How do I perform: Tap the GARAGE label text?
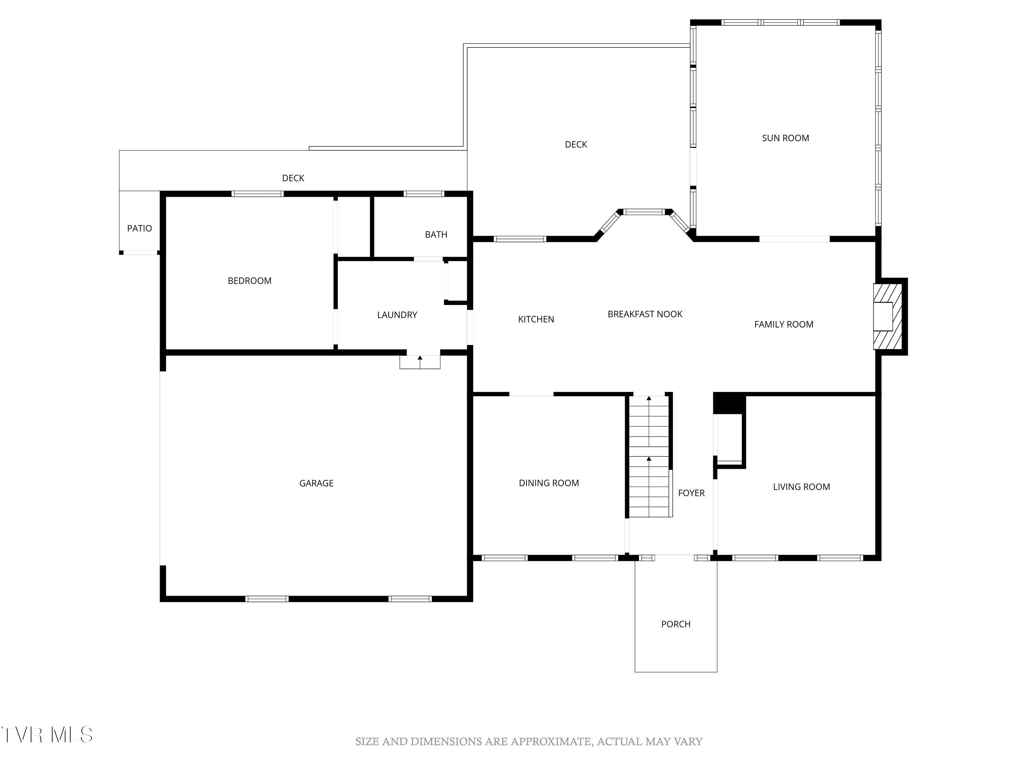point(316,483)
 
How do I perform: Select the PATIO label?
point(139,228)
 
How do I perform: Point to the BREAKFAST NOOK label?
point(645,314)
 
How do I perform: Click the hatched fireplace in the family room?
point(888,317)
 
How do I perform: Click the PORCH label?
point(675,624)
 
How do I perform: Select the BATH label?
point(436,234)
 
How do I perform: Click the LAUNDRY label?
point(397,315)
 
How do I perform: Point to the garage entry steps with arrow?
point(420,362)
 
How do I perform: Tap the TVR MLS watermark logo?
point(47,735)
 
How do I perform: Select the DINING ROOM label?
point(549,483)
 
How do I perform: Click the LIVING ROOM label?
point(801,487)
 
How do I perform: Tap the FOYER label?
point(691,493)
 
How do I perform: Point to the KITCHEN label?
point(536,319)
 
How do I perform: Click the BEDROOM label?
point(249,281)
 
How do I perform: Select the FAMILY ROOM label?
point(784,324)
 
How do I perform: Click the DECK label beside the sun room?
point(576,144)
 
